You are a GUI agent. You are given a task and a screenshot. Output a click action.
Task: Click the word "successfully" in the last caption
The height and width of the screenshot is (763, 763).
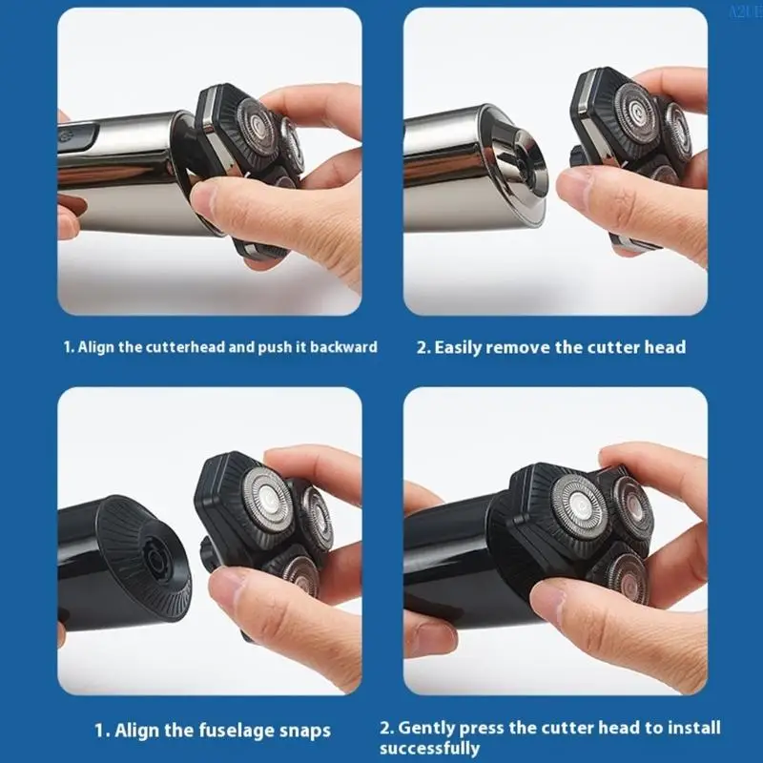(430, 749)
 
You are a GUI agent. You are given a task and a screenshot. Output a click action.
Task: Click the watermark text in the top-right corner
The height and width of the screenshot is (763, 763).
(743, 11)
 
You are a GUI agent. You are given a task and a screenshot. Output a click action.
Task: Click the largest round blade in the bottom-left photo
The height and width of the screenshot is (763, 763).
(269, 499)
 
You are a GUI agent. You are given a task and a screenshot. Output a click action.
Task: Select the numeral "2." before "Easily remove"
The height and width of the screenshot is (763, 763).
(423, 347)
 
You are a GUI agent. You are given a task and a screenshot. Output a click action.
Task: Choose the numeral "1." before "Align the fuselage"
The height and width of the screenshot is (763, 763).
(101, 732)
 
